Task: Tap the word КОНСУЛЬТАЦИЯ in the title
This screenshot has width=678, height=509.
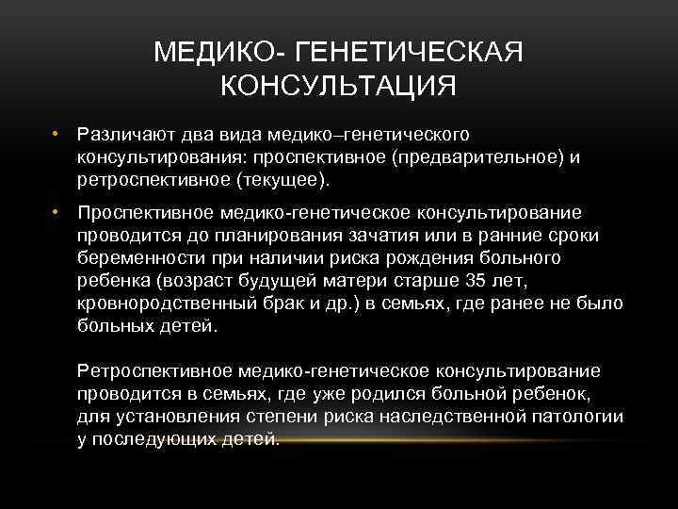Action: [338, 87]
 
